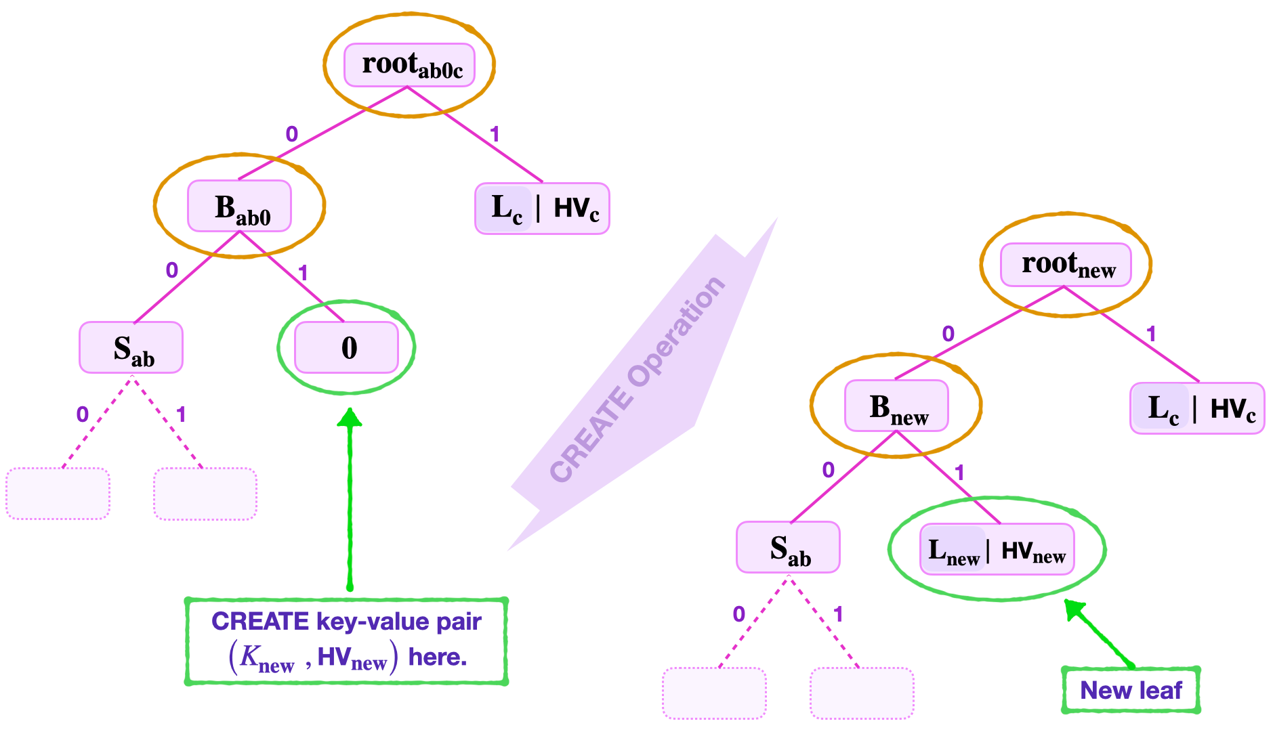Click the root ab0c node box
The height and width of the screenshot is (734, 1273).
click(409, 65)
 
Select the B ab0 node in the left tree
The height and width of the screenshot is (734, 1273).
click(239, 207)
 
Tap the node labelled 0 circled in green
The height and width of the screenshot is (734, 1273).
click(346, 347)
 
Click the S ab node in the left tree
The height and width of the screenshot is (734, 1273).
click(131, 347)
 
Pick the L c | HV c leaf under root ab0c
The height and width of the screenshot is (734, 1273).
click(542, 209)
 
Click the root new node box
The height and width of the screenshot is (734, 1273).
click(1066, 265)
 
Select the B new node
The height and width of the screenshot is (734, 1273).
click(896, 406)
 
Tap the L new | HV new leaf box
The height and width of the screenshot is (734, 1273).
click(997, 549)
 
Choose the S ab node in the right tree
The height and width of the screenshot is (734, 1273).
click(788, 547)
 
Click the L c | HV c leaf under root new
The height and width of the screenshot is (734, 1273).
click(1197, 408)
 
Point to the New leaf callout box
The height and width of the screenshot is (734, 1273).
click(1130, 690)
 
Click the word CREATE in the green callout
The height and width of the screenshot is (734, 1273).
click(260, 622)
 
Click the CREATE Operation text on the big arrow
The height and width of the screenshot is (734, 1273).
click(637, 379)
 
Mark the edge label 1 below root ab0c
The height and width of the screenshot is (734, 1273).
click(495, 134)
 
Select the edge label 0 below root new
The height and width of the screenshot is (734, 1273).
click(948, 334)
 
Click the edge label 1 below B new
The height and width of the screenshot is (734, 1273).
click(959, 472)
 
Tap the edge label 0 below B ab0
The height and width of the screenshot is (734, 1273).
click(172, 271)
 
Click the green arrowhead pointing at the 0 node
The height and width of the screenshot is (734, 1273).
click(350, 417)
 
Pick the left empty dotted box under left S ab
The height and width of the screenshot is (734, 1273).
click(58, 494)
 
